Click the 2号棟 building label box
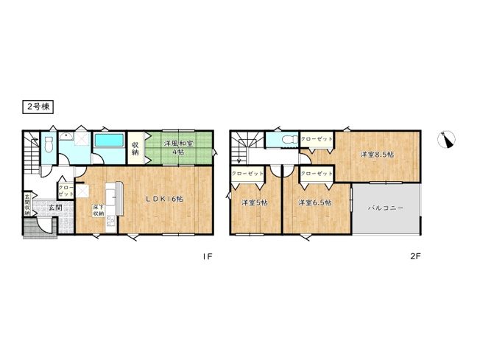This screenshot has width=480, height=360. (36, 107)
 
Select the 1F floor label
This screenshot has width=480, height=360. (208, 257)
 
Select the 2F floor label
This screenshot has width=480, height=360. (414, 257)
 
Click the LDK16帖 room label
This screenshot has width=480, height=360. (163, 199)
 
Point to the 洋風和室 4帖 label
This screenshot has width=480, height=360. (178, 147)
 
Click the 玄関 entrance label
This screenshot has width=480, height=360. (54, 208)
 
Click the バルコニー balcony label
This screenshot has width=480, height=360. (387, 208)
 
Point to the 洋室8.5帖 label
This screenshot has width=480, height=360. (376, 155)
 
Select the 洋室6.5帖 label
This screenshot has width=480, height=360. (314, 202)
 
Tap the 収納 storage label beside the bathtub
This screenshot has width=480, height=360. (135, 147)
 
